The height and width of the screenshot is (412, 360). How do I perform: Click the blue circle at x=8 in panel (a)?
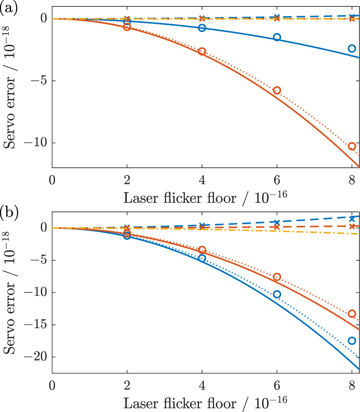pos(352,48)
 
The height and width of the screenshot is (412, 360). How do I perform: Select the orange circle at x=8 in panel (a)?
pos(352,146)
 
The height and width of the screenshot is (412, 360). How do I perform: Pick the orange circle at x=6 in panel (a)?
pos(277,91)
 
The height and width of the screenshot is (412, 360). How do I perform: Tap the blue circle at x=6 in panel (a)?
pos(277,37)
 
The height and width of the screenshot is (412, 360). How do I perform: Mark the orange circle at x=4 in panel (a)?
pos(202,51)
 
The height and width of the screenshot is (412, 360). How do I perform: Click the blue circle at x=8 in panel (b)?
pos(352,340)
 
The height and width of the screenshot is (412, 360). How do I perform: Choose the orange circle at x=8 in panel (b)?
pos(352,314)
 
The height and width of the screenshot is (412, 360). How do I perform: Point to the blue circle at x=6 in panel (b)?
pos(277,294)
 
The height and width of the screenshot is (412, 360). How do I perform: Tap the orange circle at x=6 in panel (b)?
pos(277,277)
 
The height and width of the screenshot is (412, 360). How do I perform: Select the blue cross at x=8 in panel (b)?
pos(352,219)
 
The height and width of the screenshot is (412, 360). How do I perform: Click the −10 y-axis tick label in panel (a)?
pos(37,143)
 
